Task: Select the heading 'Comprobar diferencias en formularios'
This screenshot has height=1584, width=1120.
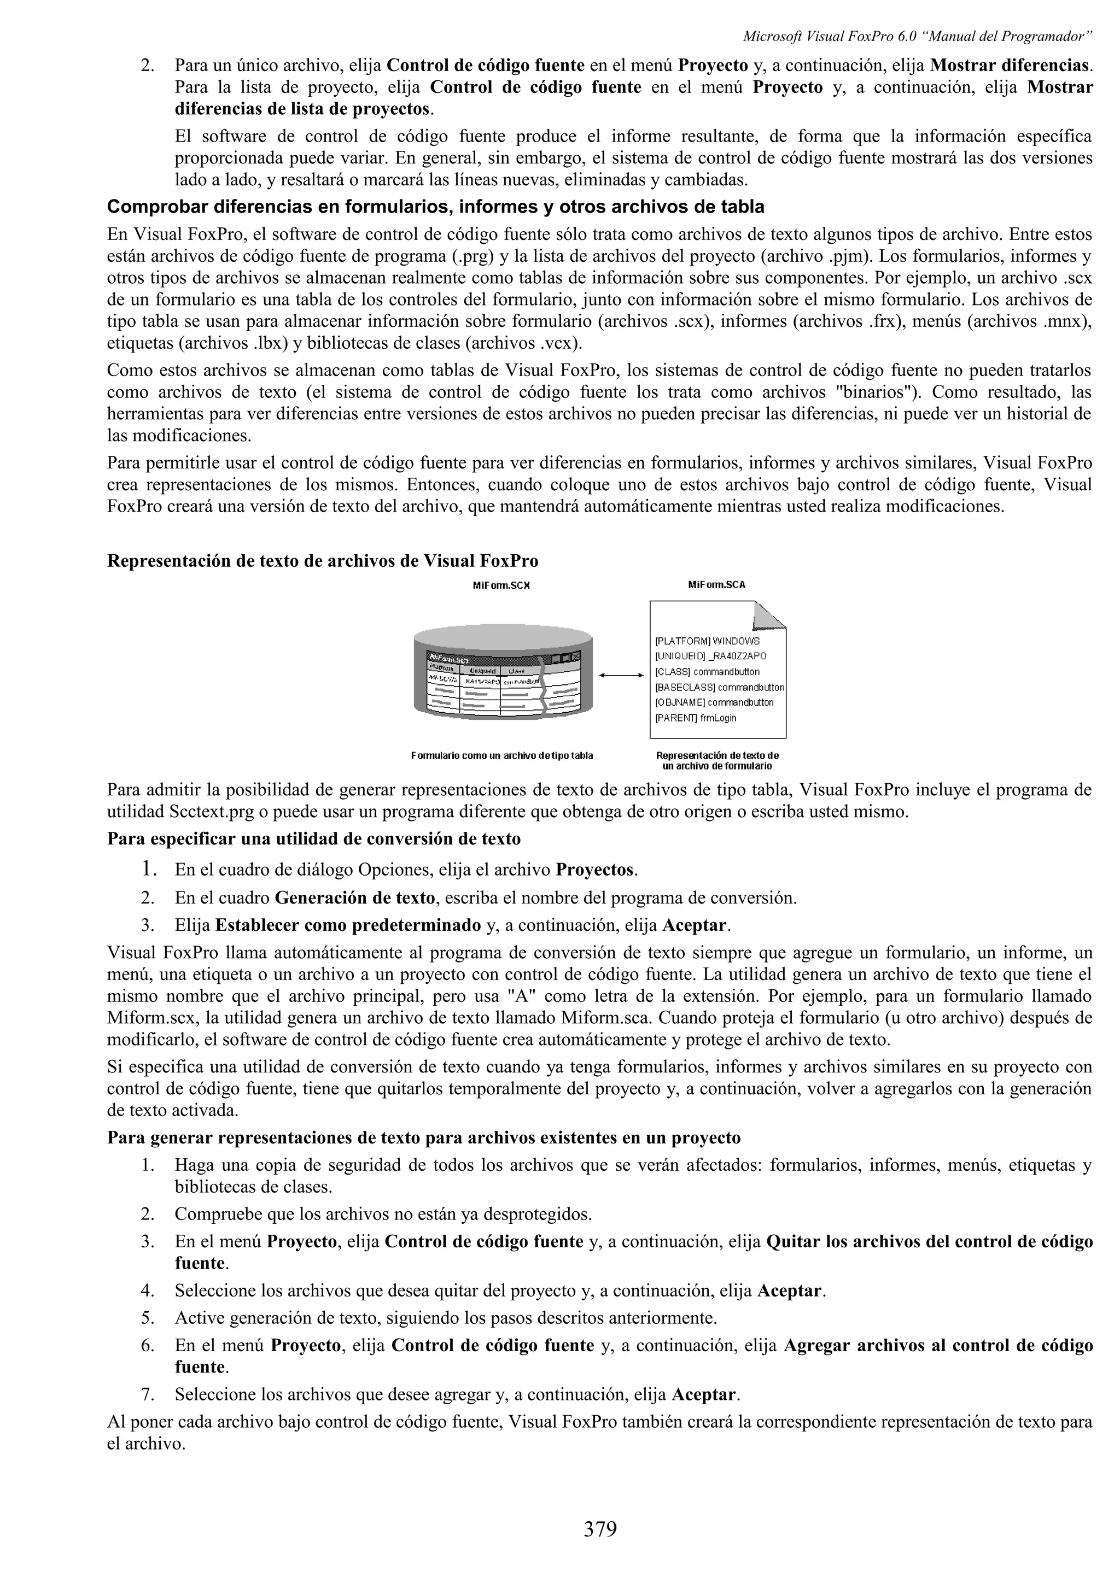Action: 435,207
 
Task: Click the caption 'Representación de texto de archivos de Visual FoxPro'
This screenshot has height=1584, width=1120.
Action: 322,561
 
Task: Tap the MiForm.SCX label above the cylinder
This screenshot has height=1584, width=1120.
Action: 501,585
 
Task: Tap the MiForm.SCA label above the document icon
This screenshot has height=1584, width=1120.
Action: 716,585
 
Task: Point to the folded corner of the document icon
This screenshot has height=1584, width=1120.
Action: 770,615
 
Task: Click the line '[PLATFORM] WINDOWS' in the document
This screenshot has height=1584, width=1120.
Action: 707,641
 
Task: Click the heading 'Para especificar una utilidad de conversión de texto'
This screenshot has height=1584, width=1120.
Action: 313,839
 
